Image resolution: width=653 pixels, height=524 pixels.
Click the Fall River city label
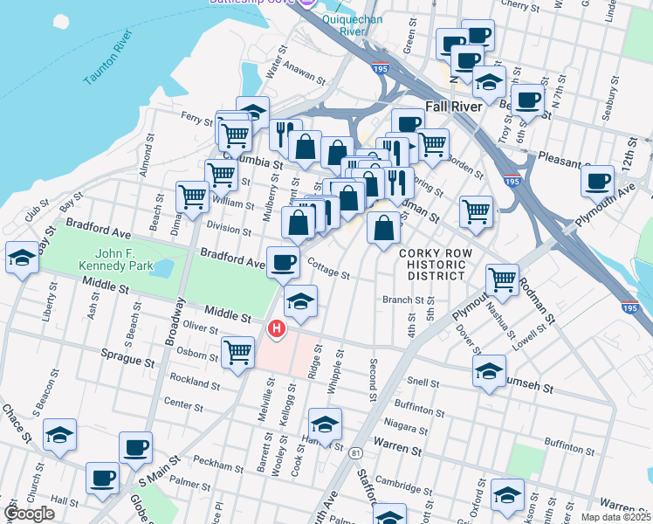(x=453, y=107)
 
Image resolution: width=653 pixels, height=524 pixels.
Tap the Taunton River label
(x=108, y=58)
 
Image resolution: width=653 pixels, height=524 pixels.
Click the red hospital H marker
(x=277, y=329)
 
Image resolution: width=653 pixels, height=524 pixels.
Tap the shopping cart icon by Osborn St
(x=237, y=353)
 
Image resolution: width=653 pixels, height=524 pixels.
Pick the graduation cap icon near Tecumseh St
(x=490, y=369)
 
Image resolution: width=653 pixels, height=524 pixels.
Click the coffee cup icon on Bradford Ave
(x=282, y=262)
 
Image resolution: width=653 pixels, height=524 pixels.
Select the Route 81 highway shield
(x=355, y=453)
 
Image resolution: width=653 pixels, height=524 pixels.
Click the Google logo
(x=29, y=514)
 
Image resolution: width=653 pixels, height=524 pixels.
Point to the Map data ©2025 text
(x=616, y=517)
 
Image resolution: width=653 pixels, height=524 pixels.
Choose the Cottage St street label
(x=328, y=272)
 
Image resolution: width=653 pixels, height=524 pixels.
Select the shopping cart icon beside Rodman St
(x=502, y=279)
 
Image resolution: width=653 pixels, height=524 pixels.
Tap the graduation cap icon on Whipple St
(x=325, y=424)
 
